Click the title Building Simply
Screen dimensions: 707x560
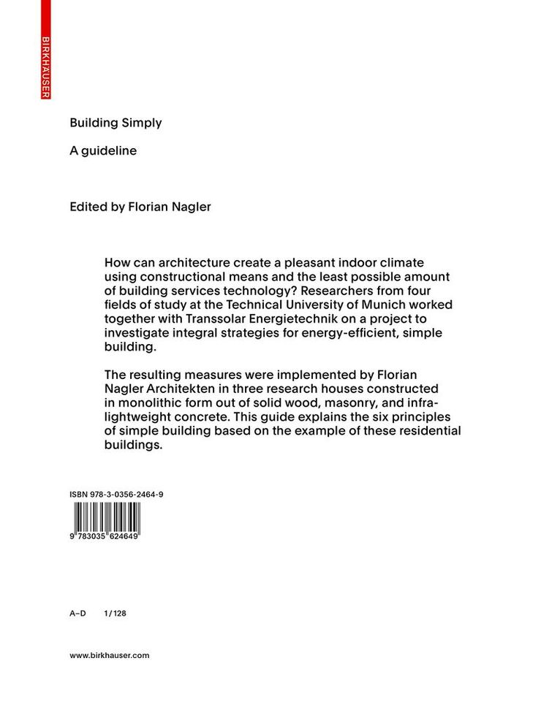click(116, 123)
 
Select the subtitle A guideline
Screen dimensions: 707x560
click(103, 151)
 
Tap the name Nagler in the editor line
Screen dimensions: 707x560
click(191, 207)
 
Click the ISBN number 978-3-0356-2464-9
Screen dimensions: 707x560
click(116, 494)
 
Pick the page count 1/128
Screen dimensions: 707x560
click(116, 614)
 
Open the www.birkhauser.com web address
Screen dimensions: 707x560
click(110, 656)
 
